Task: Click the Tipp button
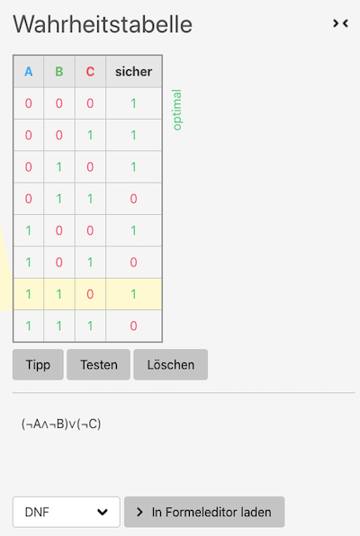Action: [x=38, y=364]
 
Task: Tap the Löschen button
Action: [x=170, y=364]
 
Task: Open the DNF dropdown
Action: [x=67, y=512]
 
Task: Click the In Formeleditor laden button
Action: [x=204, y=512]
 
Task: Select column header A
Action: [x=29, y=71]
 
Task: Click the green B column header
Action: [x=59, y=71]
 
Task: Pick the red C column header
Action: [x=90, y=71]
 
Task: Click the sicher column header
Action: [x=133, y=71]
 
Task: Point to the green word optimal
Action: [x=177, y=110]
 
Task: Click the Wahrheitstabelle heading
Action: [x=103, y=24]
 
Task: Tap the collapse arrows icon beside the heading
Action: [x=340, y=23]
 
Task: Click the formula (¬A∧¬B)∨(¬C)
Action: [x=61, y=424]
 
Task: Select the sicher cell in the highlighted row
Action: [x=133, y=294]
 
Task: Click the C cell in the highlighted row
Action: [x=90, y=294]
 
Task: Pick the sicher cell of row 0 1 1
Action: [x=133, y=199]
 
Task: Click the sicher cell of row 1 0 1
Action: [x=133, y=263]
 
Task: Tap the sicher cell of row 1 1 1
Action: [x=133, y=326]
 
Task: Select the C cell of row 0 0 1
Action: [x=90, y=135]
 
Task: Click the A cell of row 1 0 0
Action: [x=29, y=230]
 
